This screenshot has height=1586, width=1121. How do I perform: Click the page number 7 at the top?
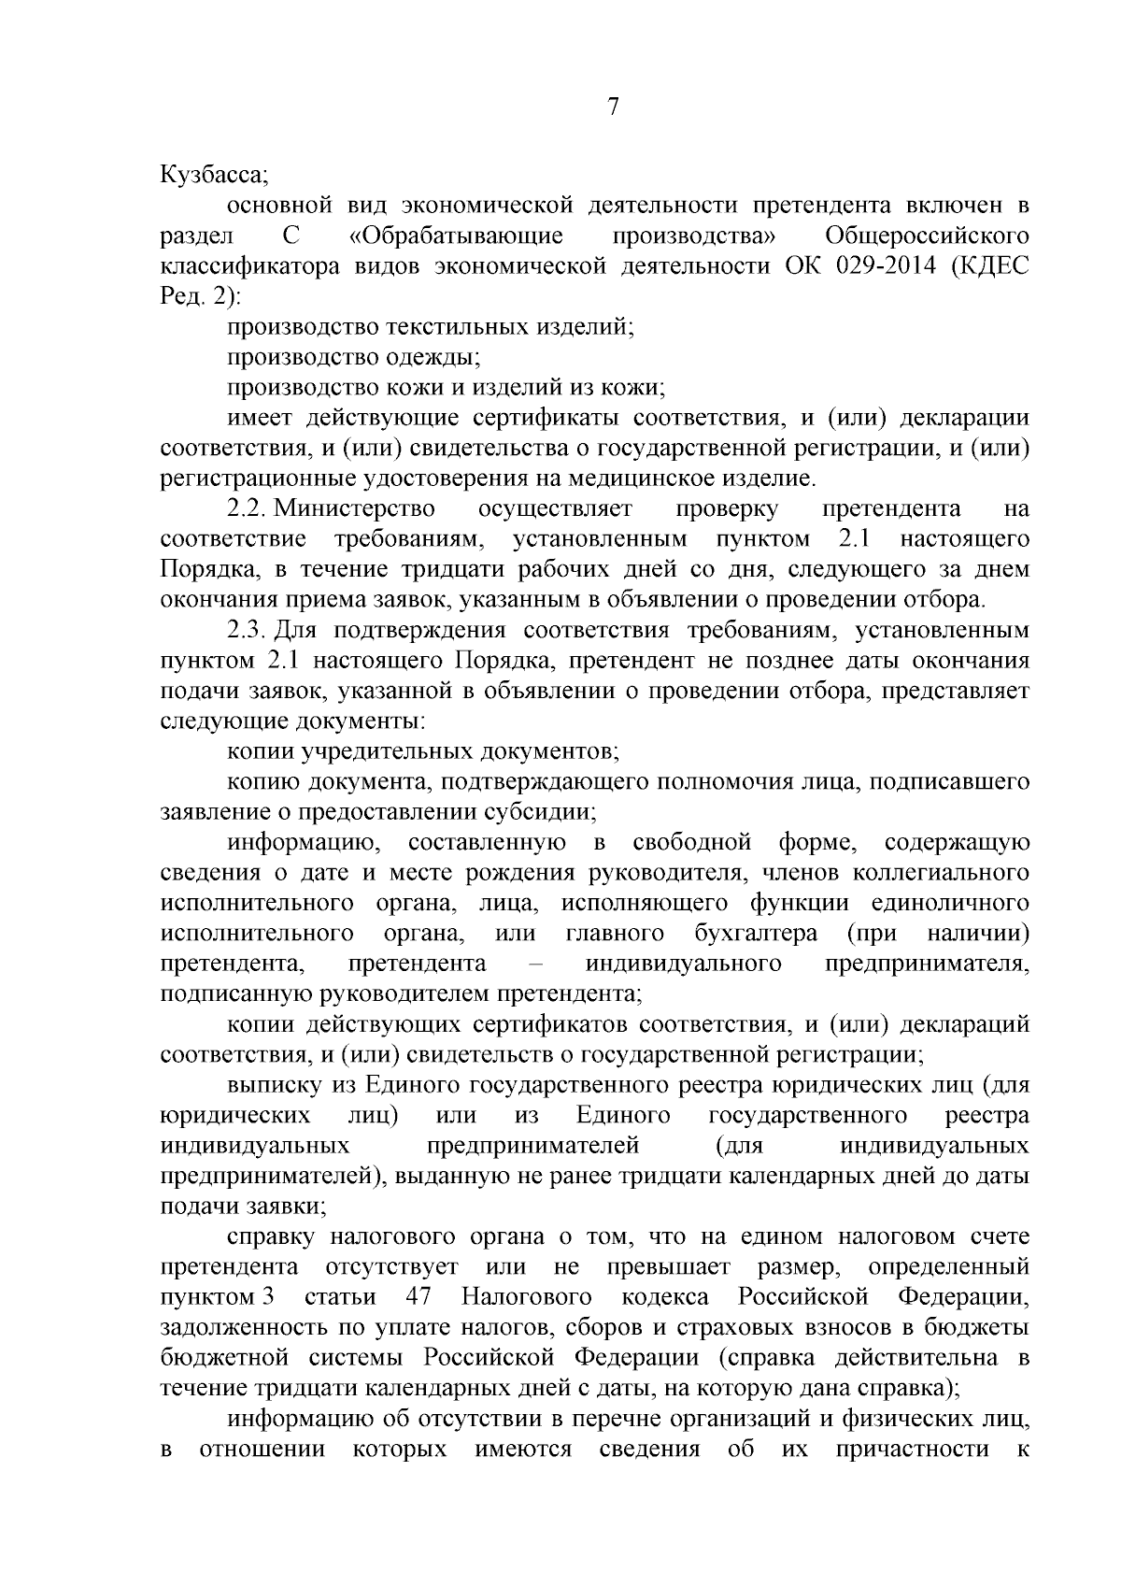(x=614, y=107)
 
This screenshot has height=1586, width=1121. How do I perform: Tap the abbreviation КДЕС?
(x=992, y=265)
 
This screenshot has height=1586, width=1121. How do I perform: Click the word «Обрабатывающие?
(x=456, y=235)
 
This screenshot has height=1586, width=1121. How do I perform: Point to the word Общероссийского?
(x=929, y=235)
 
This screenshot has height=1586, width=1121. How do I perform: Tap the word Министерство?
(x=355, y=508)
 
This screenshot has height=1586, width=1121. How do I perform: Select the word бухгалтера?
(x=757, y=933)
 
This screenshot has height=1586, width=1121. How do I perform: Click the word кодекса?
(x=664, y=1297)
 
